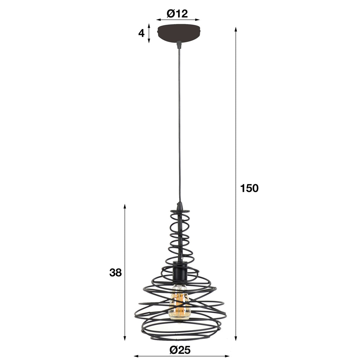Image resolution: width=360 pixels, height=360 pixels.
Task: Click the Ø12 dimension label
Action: coord(177,13)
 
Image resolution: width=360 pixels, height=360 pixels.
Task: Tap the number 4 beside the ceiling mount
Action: coord(141,34)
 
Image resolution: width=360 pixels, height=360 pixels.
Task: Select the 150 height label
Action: coord(249,188)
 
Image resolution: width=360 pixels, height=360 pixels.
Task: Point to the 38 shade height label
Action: coord(115,273)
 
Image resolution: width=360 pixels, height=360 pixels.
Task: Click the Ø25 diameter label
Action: coord(180,350)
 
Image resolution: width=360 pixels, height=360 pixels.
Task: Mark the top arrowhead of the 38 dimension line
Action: coord(125,206)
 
